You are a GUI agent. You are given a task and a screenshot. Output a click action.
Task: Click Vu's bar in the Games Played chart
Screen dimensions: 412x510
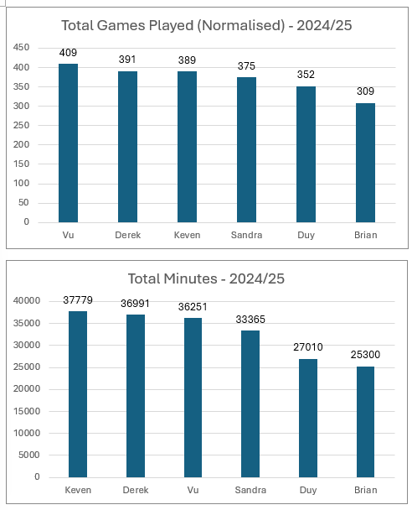(x=68, y=143)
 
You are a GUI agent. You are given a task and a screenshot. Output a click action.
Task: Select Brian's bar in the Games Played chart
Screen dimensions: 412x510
(x=366, y=163)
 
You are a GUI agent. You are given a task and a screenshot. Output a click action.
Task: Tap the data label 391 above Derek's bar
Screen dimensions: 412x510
(x=127, y=60)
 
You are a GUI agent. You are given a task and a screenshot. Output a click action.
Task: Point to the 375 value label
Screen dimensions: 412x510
(x=246, y=66)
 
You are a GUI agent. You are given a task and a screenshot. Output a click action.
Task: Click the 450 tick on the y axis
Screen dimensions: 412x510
(x=21, y=48)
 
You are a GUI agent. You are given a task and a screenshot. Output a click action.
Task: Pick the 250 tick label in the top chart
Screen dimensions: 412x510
(x=21, y=125)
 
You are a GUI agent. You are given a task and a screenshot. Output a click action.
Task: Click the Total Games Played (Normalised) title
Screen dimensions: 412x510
(x=207, y=25)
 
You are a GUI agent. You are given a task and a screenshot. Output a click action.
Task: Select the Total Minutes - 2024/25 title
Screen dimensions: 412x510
(x=206, y=278)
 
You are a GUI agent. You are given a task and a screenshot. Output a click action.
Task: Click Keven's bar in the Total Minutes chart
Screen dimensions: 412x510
(x=78, y=394)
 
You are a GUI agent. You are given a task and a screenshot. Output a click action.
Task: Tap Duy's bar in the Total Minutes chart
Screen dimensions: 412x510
(x=308, y=418)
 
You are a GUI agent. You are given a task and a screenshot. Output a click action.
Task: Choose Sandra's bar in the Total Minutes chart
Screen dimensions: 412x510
(x=250, y=404)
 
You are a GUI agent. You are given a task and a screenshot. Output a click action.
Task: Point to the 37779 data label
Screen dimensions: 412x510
(x=78, y=300)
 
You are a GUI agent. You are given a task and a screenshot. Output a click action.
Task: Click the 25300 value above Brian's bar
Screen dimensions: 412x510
(x=365, y=355)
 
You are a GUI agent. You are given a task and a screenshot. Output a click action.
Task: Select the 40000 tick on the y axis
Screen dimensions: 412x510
(x=27, y=300)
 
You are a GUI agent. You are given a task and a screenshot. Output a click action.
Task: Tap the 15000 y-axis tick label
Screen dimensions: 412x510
(x=27, y=411)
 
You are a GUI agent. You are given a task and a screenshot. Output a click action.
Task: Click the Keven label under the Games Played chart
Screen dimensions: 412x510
(x=187, y=235)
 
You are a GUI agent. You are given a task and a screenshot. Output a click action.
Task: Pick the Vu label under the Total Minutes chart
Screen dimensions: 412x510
(x=193, y=490)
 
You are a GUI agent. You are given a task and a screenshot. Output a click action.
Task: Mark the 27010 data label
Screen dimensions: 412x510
(x=308, y=347)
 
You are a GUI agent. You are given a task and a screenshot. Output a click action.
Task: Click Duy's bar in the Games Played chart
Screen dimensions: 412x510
(x=306, y=154)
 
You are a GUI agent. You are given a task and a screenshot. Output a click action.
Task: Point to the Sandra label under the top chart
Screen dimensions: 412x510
(x=246, y=235)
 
